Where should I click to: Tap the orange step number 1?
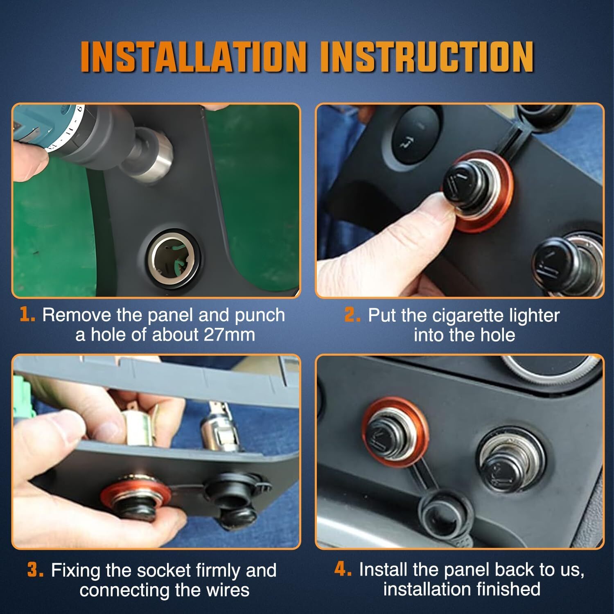27,315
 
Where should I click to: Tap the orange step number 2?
352,315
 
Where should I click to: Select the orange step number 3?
35,570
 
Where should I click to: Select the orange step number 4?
343,569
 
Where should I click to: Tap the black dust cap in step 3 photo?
237,491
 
